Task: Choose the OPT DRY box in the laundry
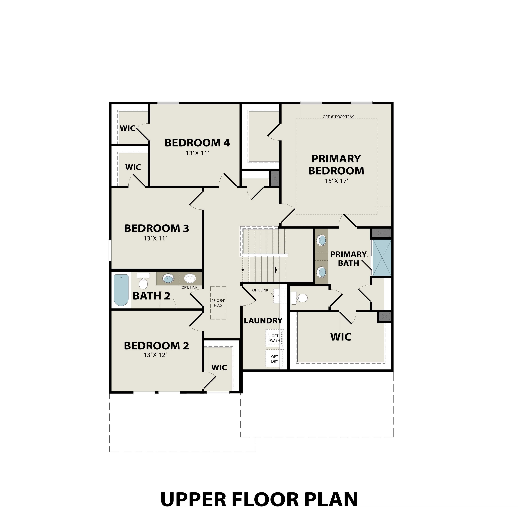275,359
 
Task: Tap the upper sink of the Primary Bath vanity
321,240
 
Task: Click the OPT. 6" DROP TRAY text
338,117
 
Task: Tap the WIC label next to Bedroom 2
219,368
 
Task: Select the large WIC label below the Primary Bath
340,337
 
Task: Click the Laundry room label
263,321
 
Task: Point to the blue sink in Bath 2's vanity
168,279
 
